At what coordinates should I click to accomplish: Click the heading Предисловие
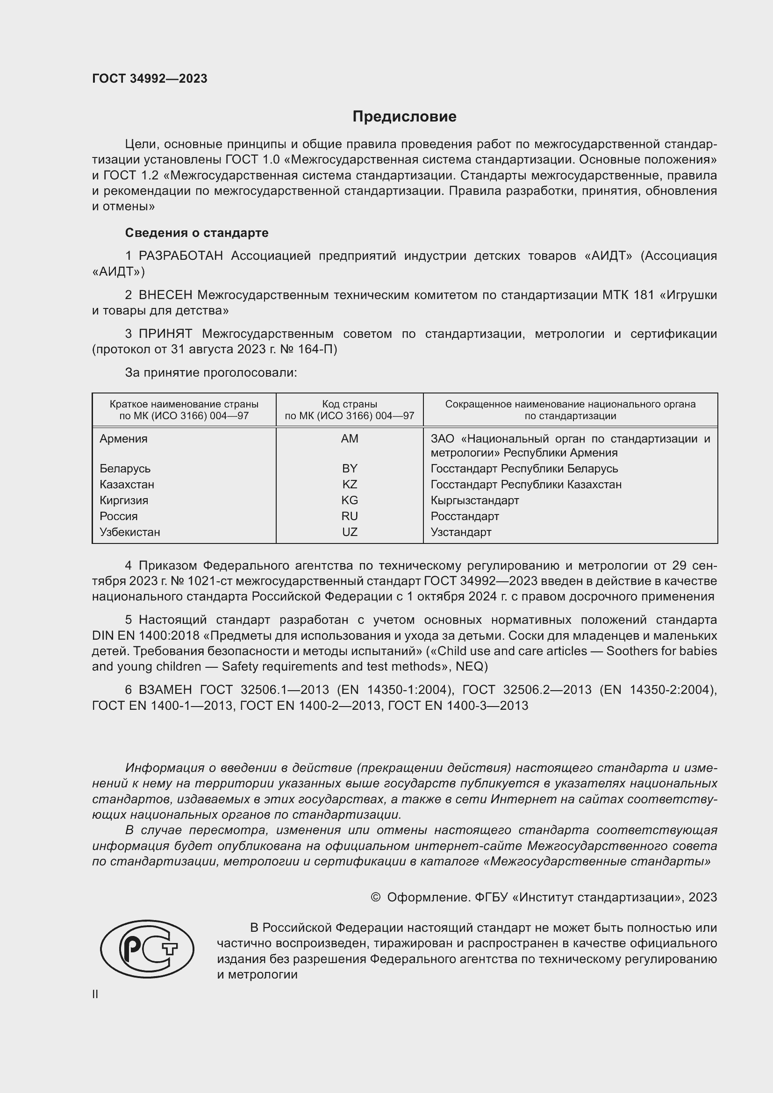pyautogui.click(x=404, y=117)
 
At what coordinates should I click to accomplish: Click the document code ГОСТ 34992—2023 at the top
pyautogui.click(x=150, y=79)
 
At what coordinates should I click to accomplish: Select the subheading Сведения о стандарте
pyautogui.click(x=197, y=233)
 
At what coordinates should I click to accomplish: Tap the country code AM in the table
pyautogui.click(x=350, y=438)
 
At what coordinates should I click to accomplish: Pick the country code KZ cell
pyautogui.click(x=350, y=484)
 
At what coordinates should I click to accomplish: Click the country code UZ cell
pyautogui.click(x=350, y=532)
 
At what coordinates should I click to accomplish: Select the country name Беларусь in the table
pyautogui.click(x=125, y=468)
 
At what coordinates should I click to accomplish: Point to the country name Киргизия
pyautogui.click(x=124, y=500)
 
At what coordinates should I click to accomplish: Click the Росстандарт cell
pyautogui.click(x=465, y=516)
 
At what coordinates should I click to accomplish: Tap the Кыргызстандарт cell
pyautogui.click(x=474, y=500)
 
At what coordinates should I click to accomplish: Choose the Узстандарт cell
pyautogui.click(x=461, y=532)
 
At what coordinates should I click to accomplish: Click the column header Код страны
pyautogui.click(x=350, y=404)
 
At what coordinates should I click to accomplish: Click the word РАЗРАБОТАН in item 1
pyautogui.click(x=180, y=256)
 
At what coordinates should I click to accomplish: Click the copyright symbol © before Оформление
pyautogui.click(x=375, y=897)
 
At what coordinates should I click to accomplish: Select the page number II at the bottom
pyautogui.click(x=95, y=994)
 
